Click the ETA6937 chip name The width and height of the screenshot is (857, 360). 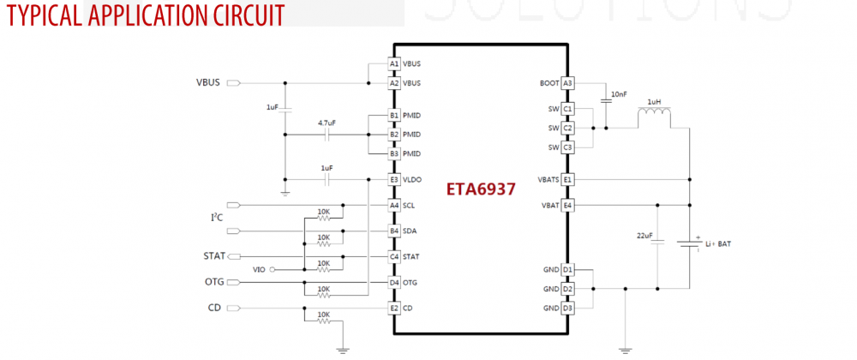481,189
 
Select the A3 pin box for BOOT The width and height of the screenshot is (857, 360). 567,83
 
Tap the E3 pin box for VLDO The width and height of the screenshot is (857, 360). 393,180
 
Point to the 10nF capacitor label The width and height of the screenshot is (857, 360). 620,93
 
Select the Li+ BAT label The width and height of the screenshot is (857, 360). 718,244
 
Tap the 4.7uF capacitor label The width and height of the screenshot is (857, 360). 327,123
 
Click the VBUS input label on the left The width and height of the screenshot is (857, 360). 208,83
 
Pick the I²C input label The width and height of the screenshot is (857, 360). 218,218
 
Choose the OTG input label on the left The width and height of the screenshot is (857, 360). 214,282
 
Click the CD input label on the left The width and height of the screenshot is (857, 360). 216,308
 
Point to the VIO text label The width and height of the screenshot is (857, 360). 260,270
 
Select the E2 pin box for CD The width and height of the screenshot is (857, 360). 393,308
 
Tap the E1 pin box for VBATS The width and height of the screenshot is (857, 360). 567,180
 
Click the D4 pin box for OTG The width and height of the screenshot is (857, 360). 393,282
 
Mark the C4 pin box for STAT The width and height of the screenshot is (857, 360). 393,256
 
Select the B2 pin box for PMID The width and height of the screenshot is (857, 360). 393,135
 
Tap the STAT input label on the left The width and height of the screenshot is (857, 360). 214,256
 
